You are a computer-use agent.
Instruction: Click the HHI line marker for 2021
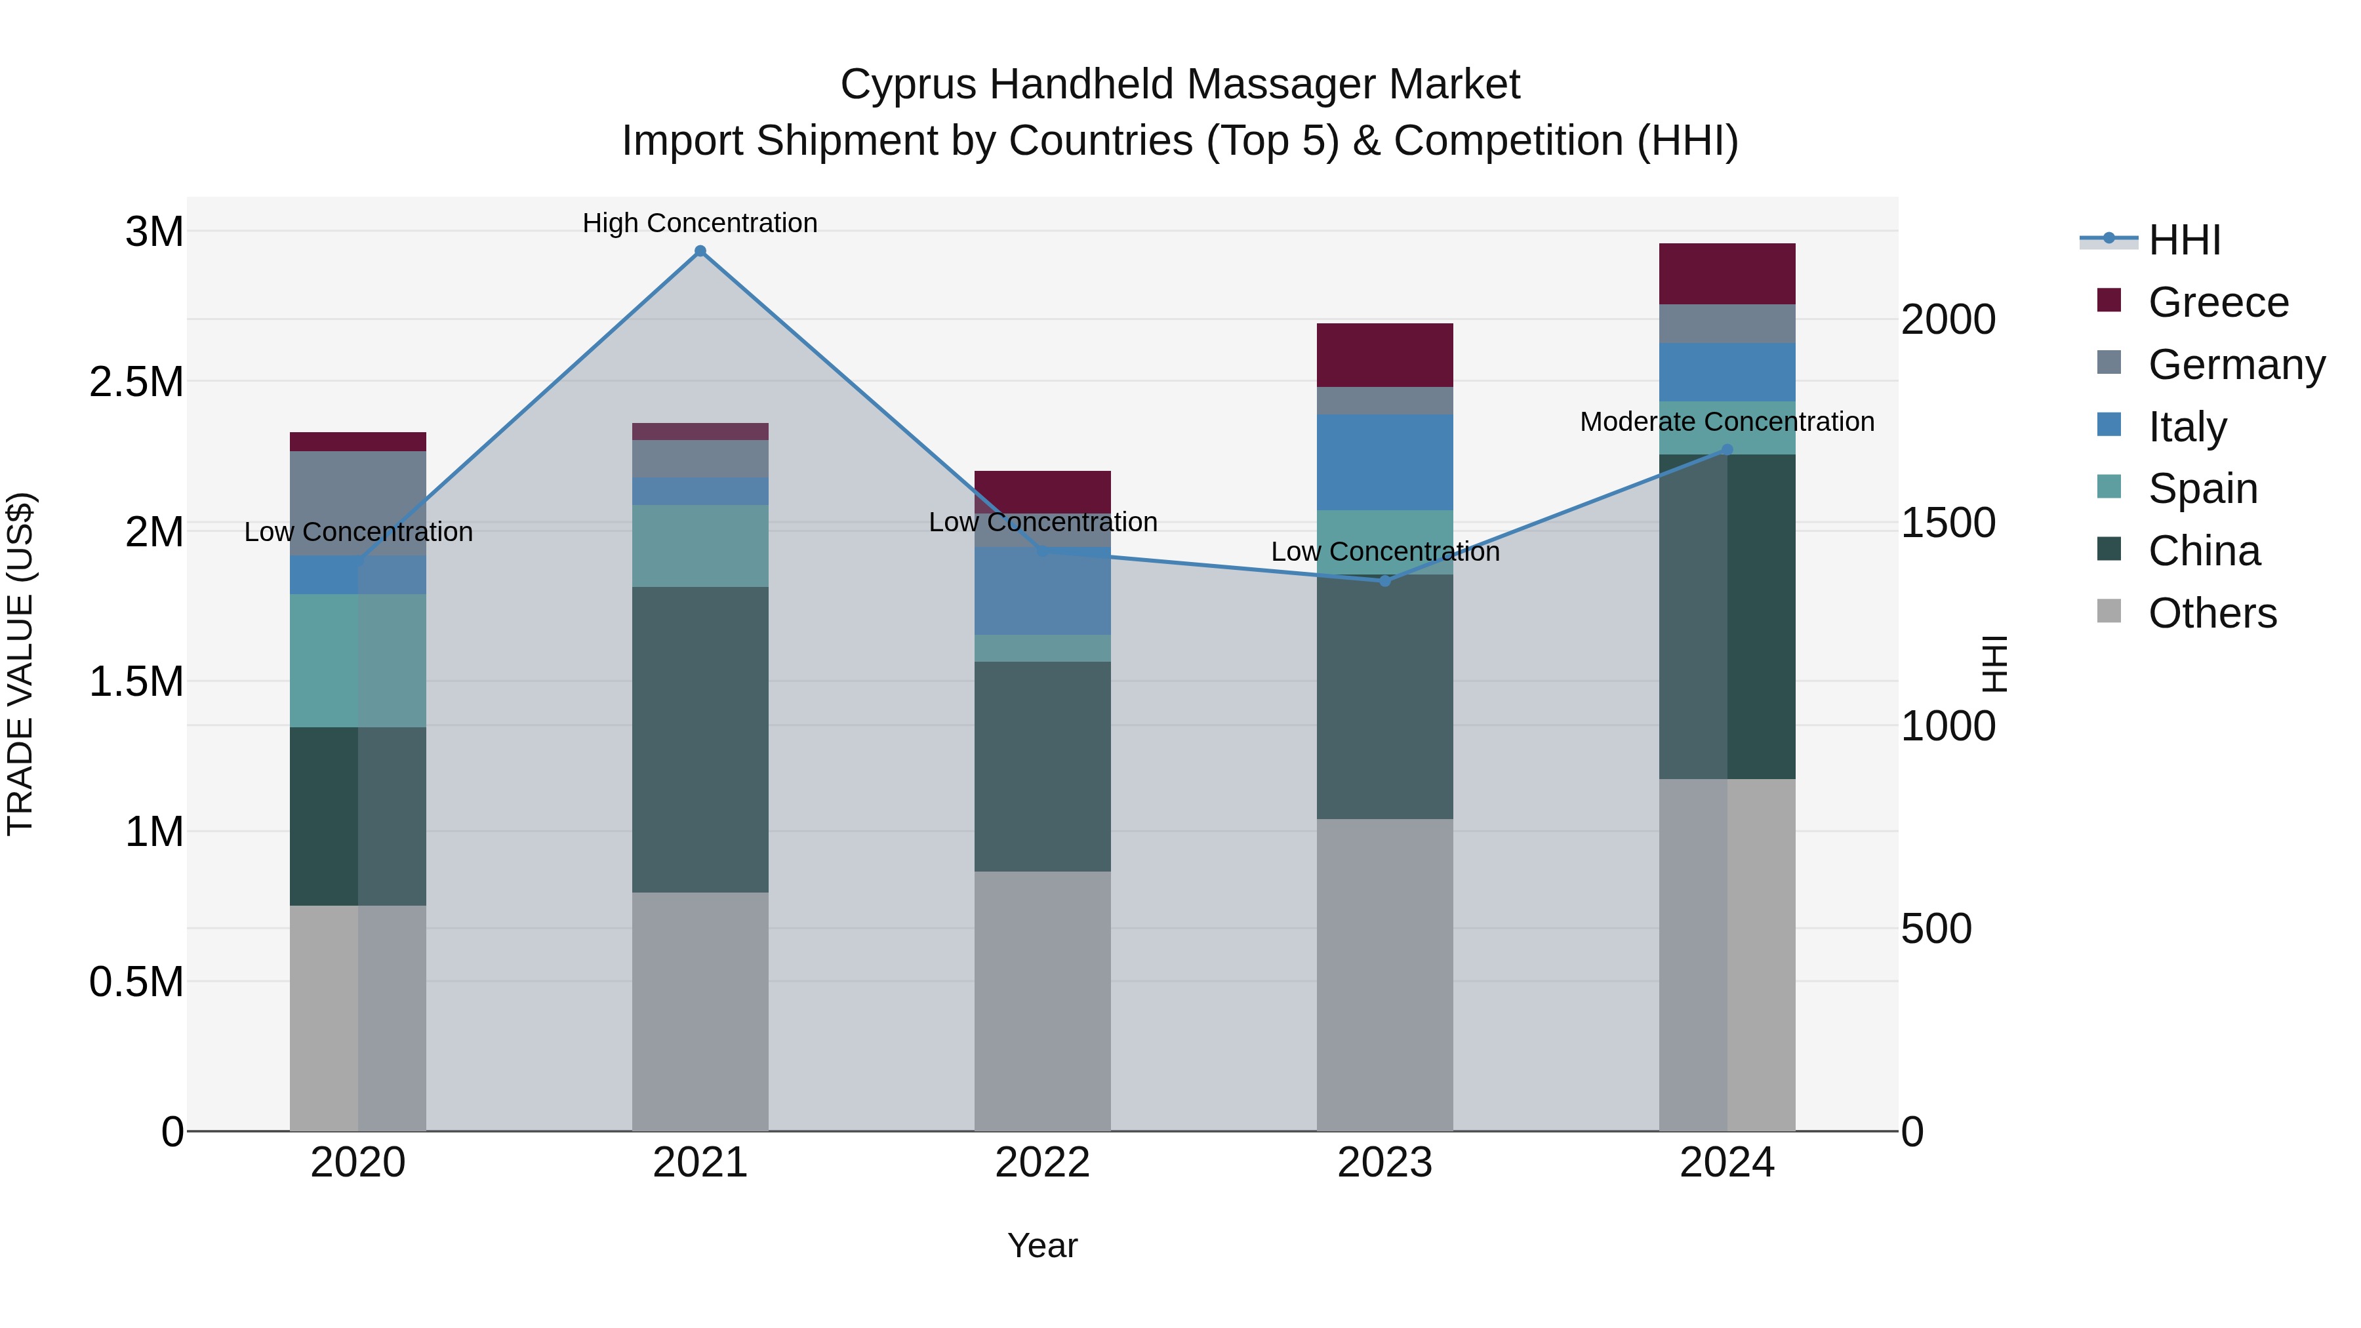point(700,251)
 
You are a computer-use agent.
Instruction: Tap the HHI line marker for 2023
point(1385,581)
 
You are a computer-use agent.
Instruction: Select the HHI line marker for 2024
point(1727,450)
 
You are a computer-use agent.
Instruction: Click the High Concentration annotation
point(700,223)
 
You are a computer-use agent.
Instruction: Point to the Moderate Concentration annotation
point(1727,422)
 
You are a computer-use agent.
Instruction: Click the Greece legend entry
point(2218,302)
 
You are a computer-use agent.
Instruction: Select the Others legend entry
point(2211,613)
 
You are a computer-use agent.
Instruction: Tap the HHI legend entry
point(2184,240)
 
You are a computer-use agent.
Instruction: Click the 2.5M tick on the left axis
point(136,381)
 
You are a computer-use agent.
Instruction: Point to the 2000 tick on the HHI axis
point(1948,320)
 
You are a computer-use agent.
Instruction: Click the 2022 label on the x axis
point(1042,1162)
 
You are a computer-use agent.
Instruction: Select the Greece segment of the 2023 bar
point(1385,355)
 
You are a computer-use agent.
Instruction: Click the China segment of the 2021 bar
point(700,740)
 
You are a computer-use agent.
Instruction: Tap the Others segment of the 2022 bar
point(1042,1001)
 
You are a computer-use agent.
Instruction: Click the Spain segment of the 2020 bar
point(357,661)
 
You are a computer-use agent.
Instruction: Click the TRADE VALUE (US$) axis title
point(20,664)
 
